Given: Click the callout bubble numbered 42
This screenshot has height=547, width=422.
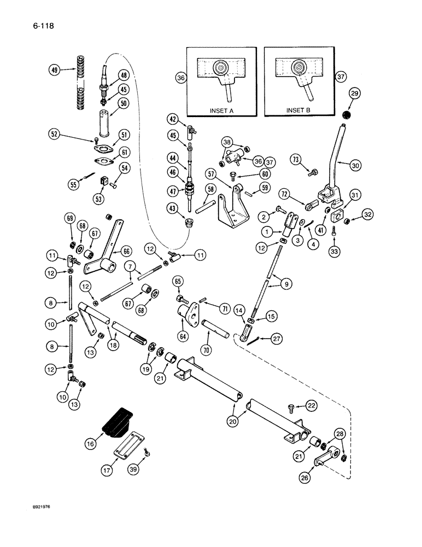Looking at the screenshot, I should (172, 119).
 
